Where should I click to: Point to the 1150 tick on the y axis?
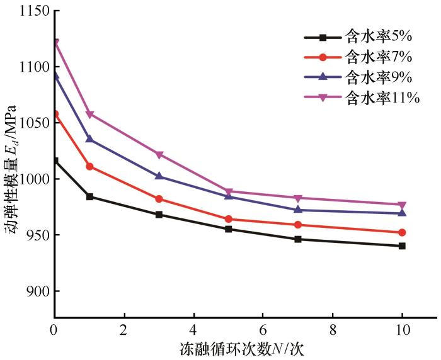pyautogui.click(x=30, y=11)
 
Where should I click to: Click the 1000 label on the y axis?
pyautogui.click(x=30, y=179)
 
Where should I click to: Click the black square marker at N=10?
pyautogui.click(x=402, y=246)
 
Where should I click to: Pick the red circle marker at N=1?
pyautogui.click(x=89, y=166)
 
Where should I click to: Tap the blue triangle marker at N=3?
pyautogui.click(x=159, y=176)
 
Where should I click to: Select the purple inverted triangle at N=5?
pyautogui.click(x=229, y=191)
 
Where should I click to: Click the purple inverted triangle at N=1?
pyautogui.click(x=89, y=115)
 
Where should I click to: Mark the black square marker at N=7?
pyautogui.click(x=298, y=239)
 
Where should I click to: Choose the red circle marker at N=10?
pyautogui.click(x=402, y=232)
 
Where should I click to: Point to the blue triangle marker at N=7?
pyautogui.click(x=298, y=210)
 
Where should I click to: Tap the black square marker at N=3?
pyautogui.click(x=159, y=215)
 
